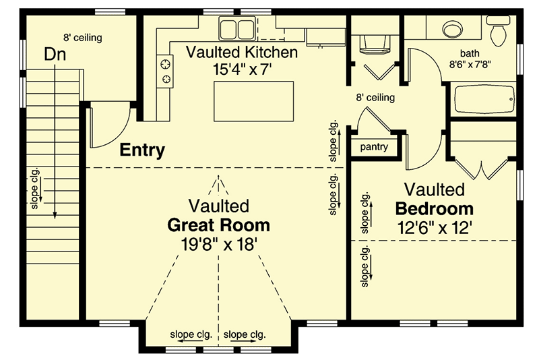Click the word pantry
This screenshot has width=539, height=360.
pyautogui.click(x=373, y=146)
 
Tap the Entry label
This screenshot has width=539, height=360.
pyautogui.click(x=142, y=150)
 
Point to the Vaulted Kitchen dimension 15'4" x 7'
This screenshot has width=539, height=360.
pyautogui.click(x=242, y=69)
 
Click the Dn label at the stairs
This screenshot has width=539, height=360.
pyautogui.click(x=55, y=54)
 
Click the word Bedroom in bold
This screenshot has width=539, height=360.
pyautogui.click(x=434, y=208)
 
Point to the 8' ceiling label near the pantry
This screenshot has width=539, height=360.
pyautogui.click(x=375, y=98)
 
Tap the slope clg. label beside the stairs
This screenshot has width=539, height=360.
pyautogui.click(x=34, y=193)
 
